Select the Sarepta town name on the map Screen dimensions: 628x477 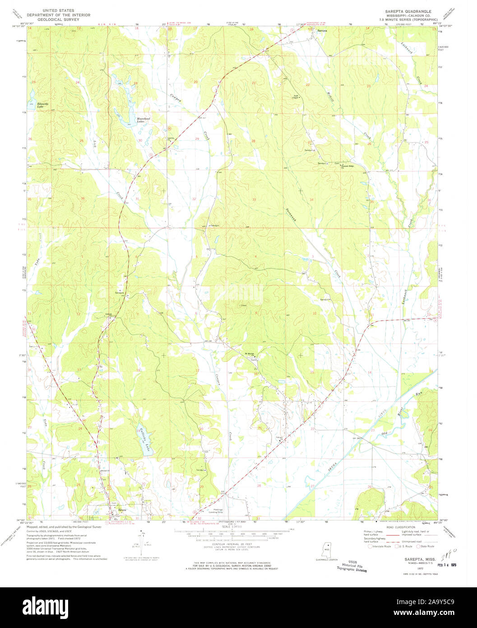pos(322,30)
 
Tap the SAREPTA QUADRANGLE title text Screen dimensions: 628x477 pos(408,11)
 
